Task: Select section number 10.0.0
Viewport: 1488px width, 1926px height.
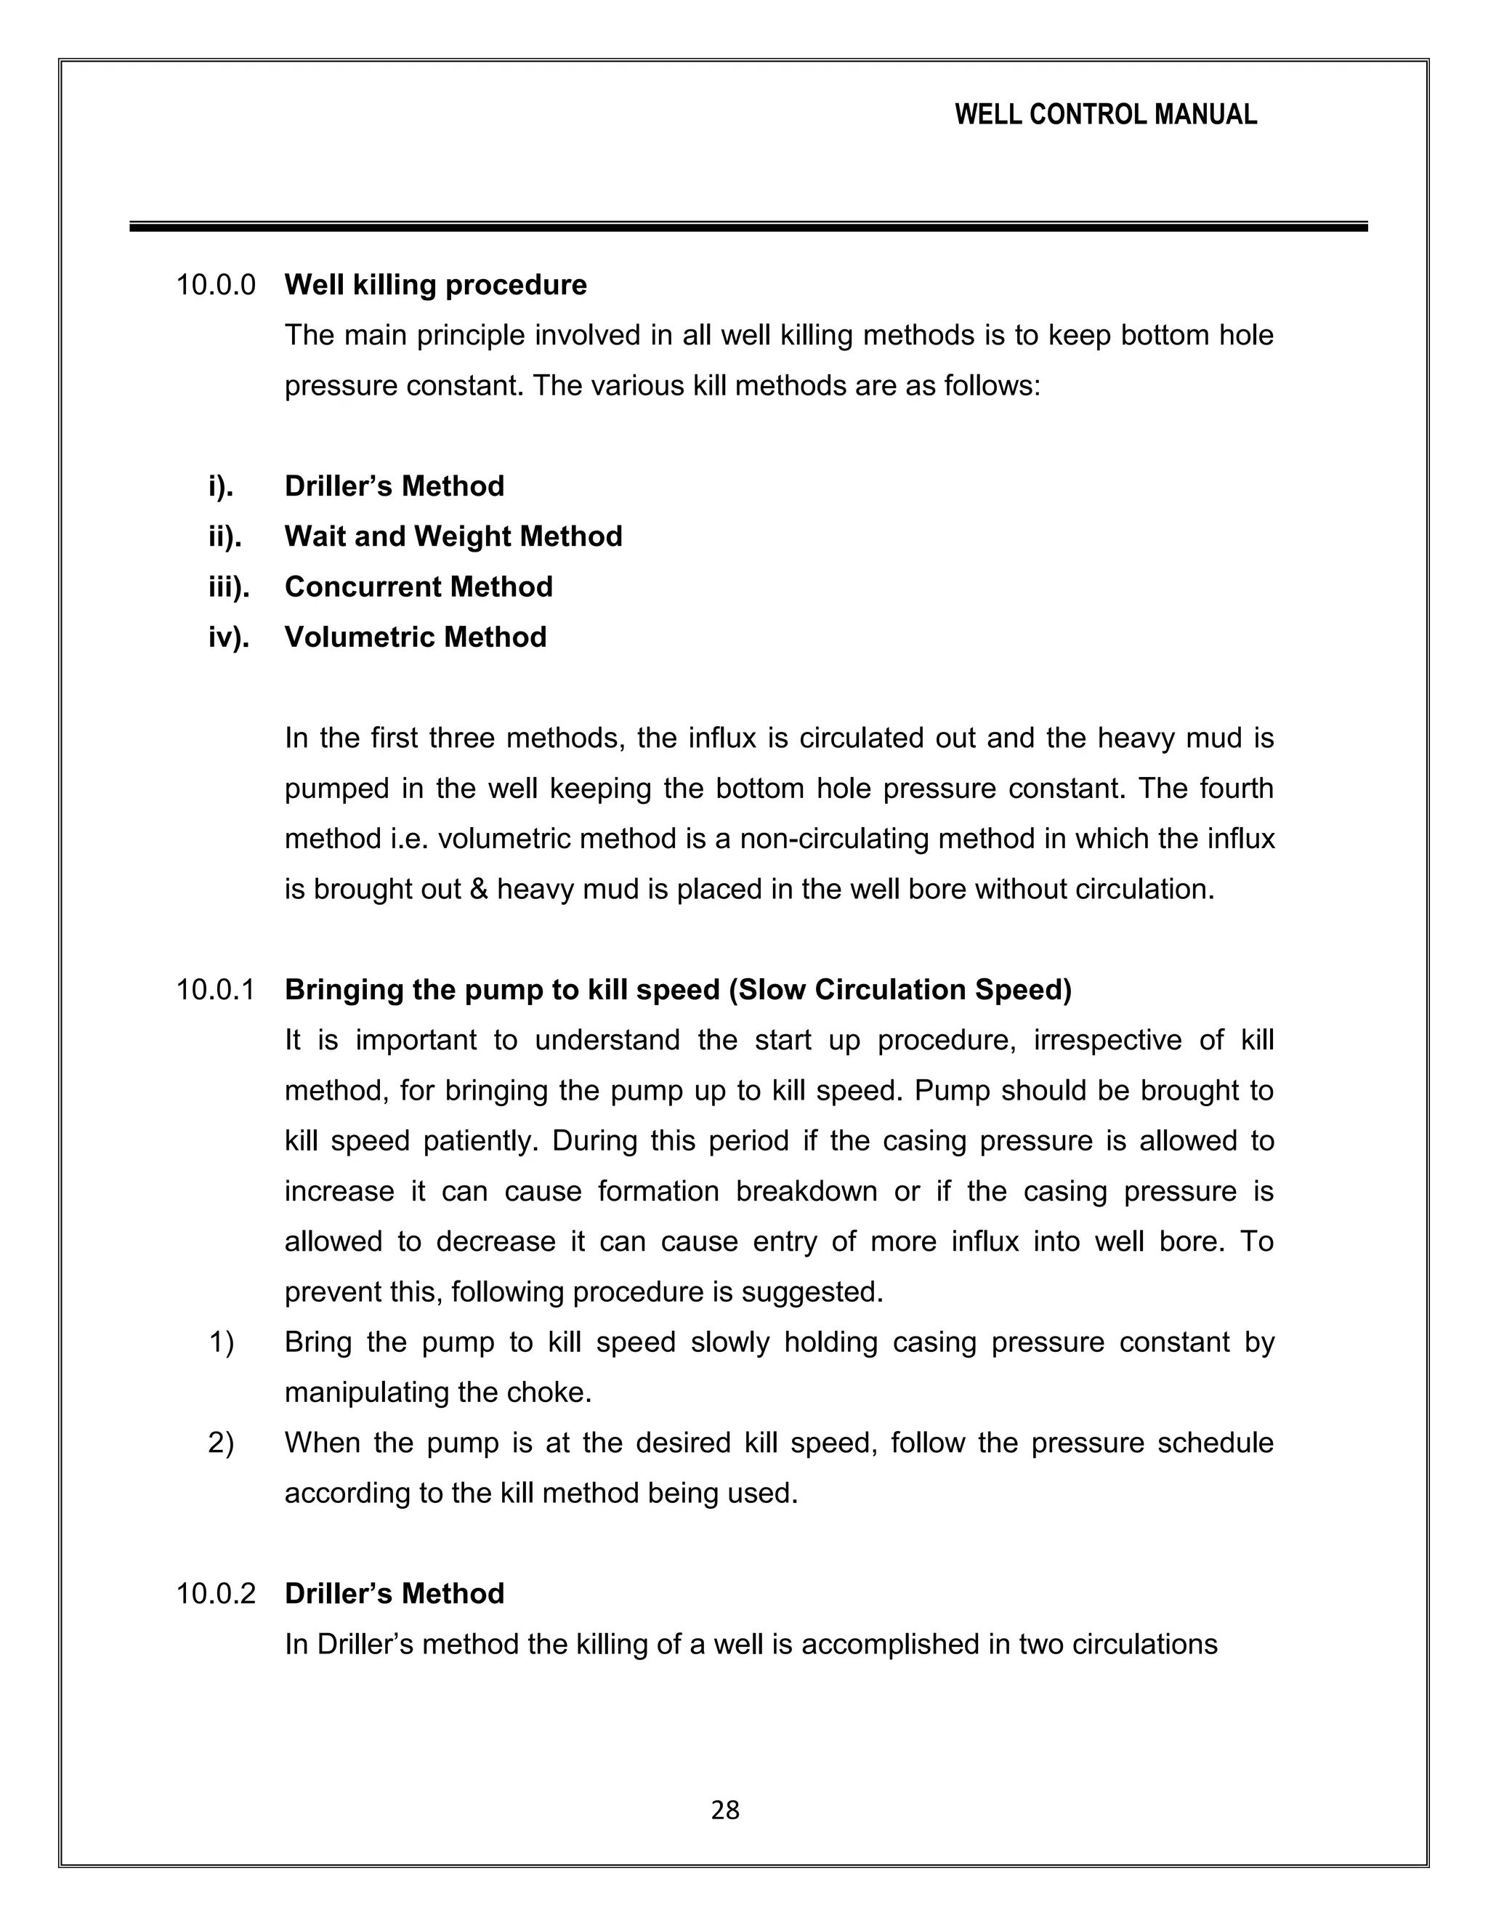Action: (x=216, y=285)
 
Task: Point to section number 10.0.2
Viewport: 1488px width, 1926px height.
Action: (x=216, y=1594)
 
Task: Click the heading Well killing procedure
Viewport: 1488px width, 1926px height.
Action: (x=435, y=285)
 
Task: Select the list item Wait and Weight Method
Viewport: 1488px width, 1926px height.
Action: (x=453, y=536)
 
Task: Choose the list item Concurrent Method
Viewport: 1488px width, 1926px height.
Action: (x=418, y=587)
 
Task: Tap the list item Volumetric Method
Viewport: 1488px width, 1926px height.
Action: (x=415, y=637)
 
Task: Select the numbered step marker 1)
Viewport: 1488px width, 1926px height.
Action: (x=222, y=1342)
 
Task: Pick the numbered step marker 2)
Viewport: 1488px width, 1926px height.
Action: (x=222, y=1443)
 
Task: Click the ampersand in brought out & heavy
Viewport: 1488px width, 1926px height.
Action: (x=479, y=889)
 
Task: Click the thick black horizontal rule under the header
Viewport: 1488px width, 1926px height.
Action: (x=748, y=227)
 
